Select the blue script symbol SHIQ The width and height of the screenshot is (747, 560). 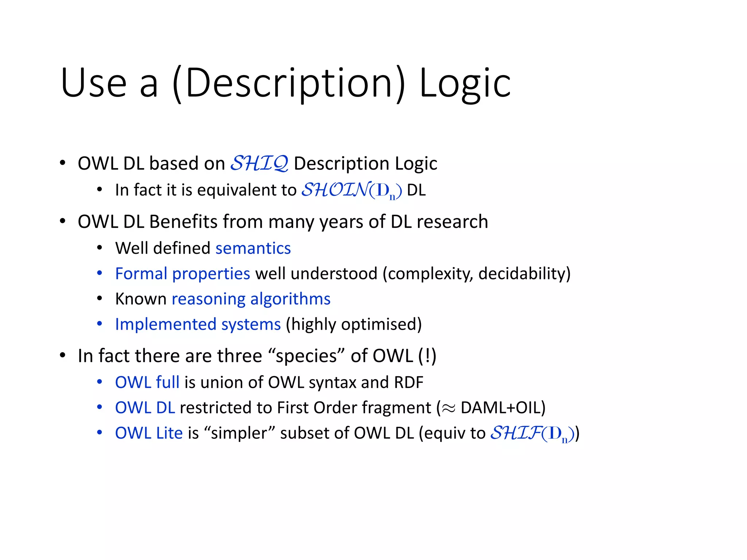tap(259, 163)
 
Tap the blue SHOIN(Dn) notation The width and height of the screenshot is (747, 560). tap(352, 190)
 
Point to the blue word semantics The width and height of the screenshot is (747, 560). tap(253, 248)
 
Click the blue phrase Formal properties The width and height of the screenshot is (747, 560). tap(182, 273)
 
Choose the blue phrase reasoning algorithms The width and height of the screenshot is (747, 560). tap(251, 299)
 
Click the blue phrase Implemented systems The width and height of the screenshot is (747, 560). tap(198, 324)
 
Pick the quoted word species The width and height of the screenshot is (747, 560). tap(306, 356)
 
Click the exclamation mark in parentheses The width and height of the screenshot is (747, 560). tap(427, 356)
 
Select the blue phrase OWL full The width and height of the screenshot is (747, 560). tap(147, 382)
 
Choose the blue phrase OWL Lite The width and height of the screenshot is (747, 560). tap(149, 433)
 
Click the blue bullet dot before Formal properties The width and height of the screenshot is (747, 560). tap(100, 273)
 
